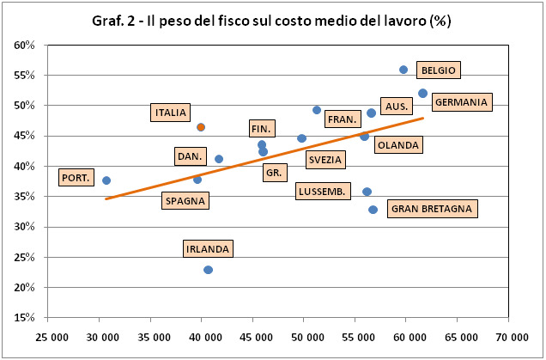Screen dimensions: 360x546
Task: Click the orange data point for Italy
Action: click(x=201, y=127)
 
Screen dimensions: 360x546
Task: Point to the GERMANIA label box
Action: click(x=461, y=102)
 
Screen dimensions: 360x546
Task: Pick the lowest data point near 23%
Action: click(x=208, y=270)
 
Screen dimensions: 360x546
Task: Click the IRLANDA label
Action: click(x=208, y=249)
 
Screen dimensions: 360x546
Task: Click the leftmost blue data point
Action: click(x=106, y=180)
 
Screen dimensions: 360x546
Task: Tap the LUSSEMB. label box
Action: click(x=323, y=192)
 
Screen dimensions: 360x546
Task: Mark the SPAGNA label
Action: click(x=185, y=201)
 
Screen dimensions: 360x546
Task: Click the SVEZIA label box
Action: click(x=325, y=160)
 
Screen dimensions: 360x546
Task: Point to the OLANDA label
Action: click(x=397, y=145)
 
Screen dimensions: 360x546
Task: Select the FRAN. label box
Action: click(x=343, y=119)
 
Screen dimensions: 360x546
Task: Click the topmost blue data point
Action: click(x=403, y=70)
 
